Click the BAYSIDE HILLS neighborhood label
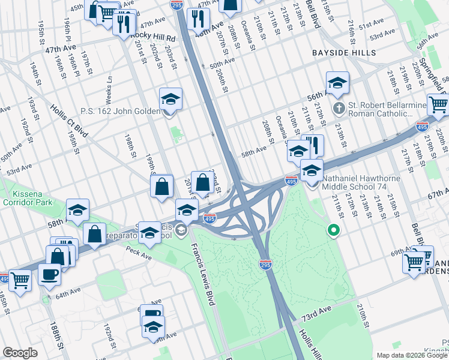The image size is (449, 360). (x=344, y=53)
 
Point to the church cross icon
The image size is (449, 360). (x=339, y=109)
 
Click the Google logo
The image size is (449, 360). (x=20, y=353)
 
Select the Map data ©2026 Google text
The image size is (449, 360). (x=412, y=355)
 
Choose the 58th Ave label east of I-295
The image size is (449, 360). (x=254, y=149)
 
